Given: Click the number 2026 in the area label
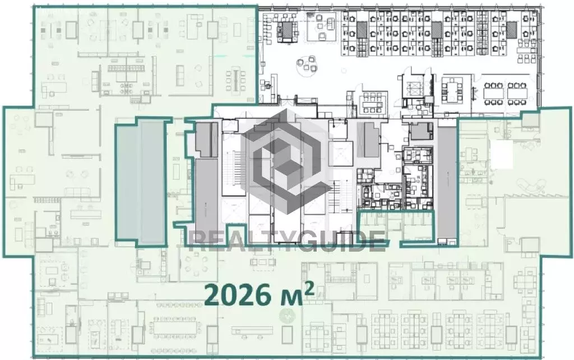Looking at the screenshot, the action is coord(237,295).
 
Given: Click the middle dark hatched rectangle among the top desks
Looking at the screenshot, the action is coord(436,30).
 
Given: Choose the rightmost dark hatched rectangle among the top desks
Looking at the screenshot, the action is coord(511,30).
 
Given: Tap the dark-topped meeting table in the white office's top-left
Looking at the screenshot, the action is coord(288,29).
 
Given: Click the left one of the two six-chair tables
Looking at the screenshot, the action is coord(493,93).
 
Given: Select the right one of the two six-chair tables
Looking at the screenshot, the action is coord(517,93).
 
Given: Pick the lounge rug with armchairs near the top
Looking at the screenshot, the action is coord(321,26).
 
